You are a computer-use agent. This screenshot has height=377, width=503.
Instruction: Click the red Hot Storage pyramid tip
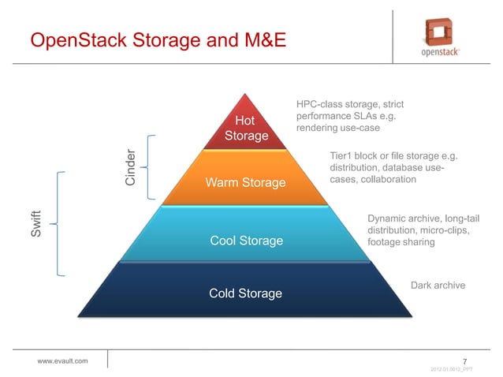(246, 126)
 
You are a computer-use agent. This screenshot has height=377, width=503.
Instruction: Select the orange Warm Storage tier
(245, 182)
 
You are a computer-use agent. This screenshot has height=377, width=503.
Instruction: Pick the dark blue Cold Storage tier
(245, 293)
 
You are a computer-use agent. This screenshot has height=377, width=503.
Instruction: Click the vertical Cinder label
(132, 166)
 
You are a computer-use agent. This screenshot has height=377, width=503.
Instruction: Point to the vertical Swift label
(36, 225)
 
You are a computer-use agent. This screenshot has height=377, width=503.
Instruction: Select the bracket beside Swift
(60, 225)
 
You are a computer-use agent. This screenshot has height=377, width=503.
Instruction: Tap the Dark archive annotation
(438, 285)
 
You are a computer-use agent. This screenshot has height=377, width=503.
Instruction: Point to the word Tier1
(342, 156)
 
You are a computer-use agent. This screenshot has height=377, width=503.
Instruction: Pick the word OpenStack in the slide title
(71, 39)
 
